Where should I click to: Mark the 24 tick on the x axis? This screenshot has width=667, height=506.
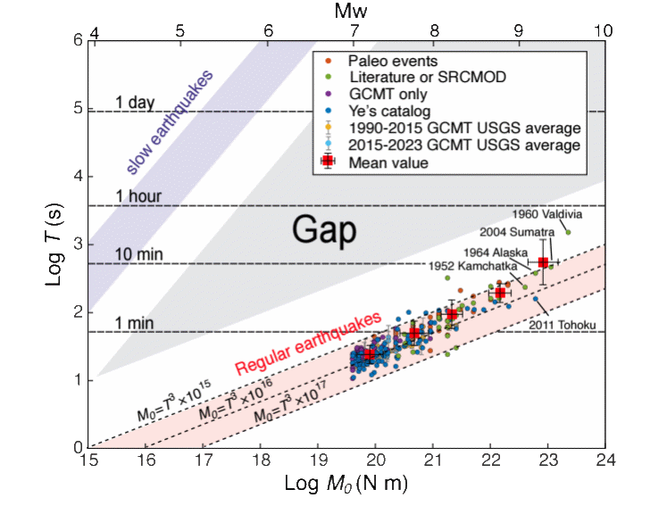click(x=605, y=461)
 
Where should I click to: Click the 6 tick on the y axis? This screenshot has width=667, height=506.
click(x=79, y=41)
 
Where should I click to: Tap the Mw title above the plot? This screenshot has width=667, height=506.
click(x=347, y=12)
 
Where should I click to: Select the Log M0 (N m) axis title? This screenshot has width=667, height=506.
click(x=346, y=485)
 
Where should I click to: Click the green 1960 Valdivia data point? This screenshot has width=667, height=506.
click(x=568, y=232)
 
